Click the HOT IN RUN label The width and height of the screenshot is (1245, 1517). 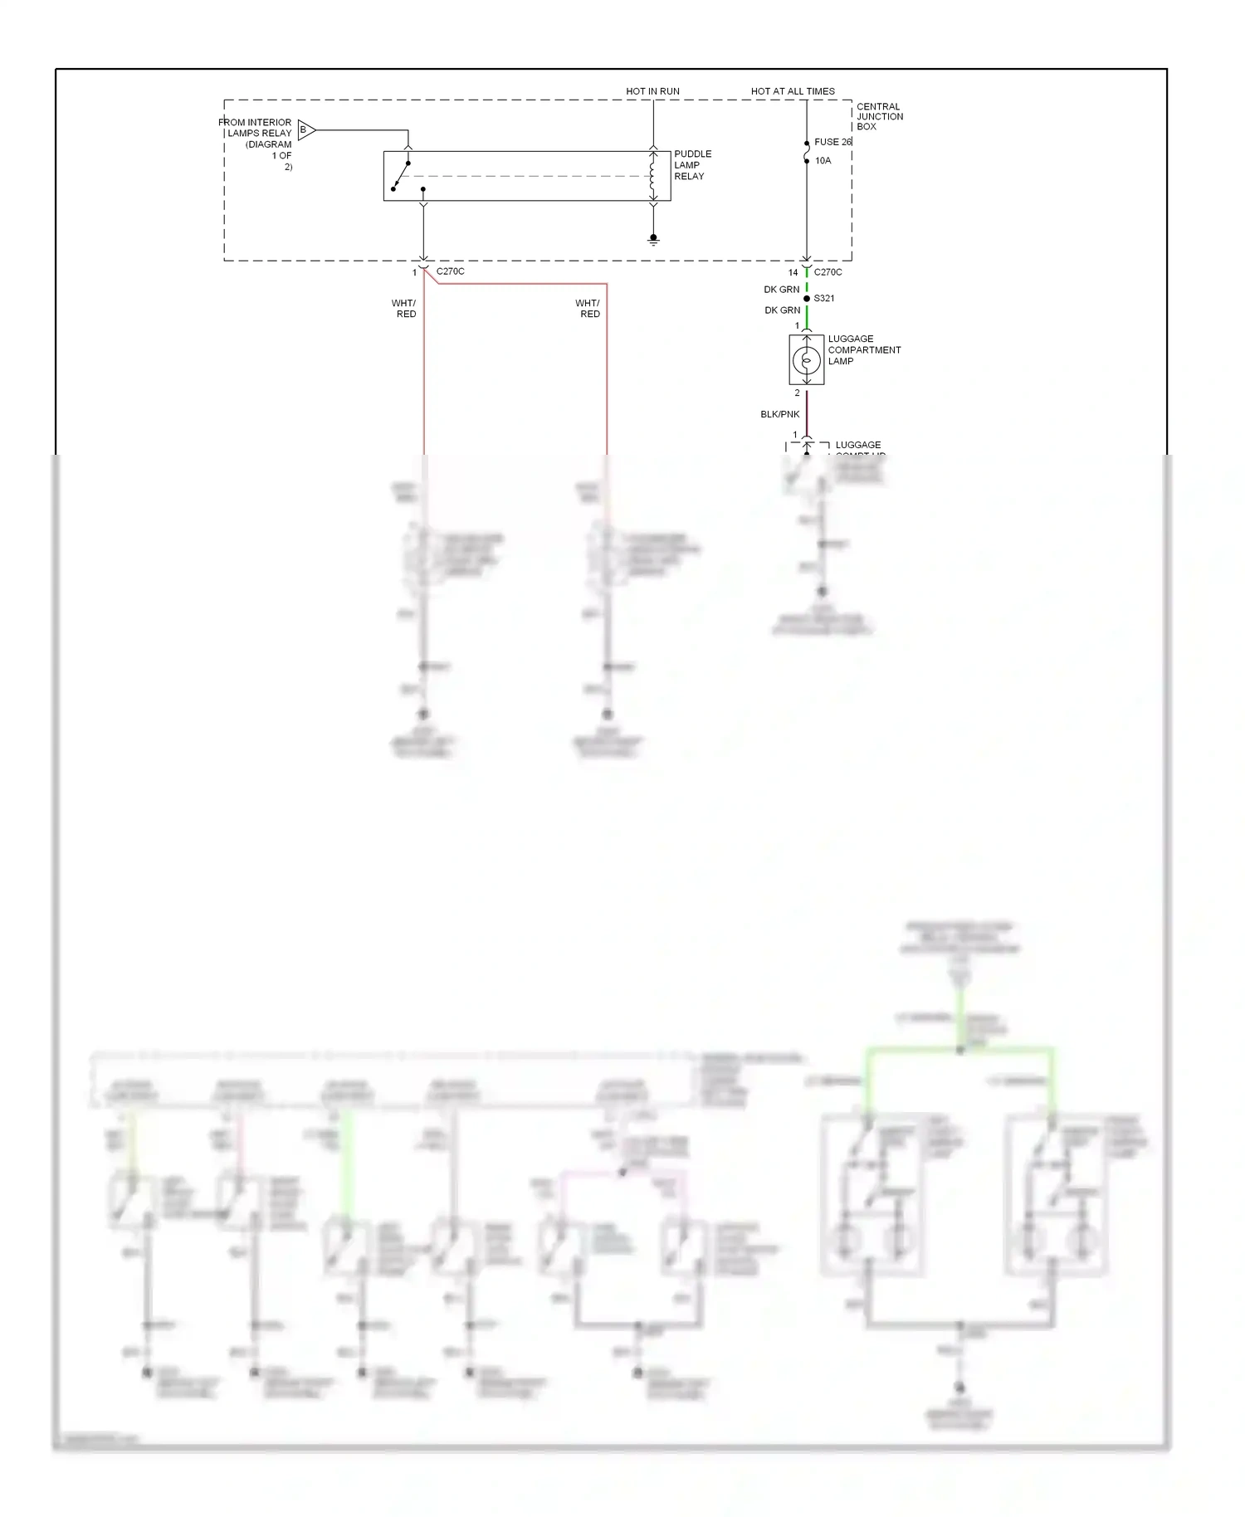[x=652, y=91]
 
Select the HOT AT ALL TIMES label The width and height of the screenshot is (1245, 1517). [x=793, y=91]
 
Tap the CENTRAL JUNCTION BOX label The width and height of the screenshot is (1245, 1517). [x=879, y=117]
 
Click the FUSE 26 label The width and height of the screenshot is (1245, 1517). [x=832, y=142]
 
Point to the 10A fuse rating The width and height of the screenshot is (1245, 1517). [x=823, y=161]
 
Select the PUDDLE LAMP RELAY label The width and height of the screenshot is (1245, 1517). [x=692, y=165]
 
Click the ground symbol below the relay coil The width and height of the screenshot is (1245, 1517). [x=653, y=240]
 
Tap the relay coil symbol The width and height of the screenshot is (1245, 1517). [x=653, y=176]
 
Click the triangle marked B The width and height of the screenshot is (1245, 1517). [x=305, y=129]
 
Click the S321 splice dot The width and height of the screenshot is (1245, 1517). [x=807, y=299]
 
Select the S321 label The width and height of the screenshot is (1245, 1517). [x=824, y=299]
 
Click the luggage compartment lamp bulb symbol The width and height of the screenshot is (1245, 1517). [x=806, y=360]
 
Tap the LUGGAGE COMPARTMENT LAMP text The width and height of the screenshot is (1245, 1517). [x=863, y=350]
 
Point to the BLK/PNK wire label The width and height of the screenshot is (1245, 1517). [x=779, y=414]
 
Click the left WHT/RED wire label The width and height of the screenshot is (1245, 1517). [x=405, y=309]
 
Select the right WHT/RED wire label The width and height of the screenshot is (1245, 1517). [x=588, y=309]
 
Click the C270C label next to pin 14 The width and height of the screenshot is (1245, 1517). [x=828, y=272]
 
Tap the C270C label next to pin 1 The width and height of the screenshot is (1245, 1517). [x=450, y=271]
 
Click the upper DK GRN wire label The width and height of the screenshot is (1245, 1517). [x=781, y=290]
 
